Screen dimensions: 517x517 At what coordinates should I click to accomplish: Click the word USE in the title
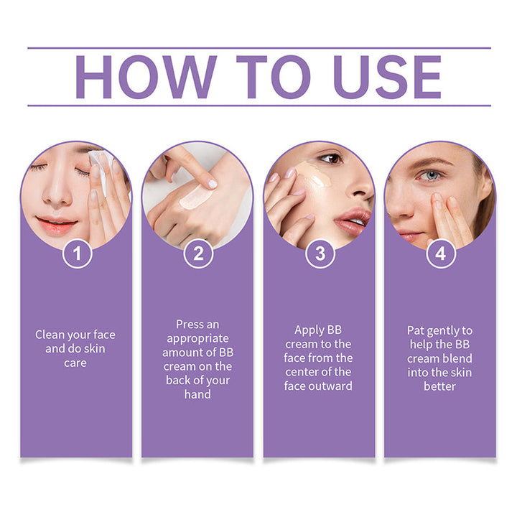pyautogui.click(x=388, y=77)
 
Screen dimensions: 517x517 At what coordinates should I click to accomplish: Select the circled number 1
pyautogui.click(x=76, y=253)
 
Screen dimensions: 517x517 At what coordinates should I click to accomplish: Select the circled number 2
pyautogui.click(x=198, y=253)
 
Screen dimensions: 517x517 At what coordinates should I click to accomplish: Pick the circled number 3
pyautogui.click(x=320, y=253)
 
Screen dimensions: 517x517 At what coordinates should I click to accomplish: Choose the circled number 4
pyautogui.click(x=440, y=253)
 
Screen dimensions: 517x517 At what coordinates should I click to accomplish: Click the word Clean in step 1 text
pyautogui.click(x=51, y=335)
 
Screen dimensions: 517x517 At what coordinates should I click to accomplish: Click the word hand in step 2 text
pyautogui.click(x=197, y=394)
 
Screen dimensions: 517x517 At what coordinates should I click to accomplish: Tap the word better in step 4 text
pyautogui.click(x=440, y=386)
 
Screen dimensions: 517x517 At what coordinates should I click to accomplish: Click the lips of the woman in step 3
pyautogui.click(x=353, y=220)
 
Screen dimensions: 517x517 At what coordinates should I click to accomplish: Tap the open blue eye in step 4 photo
pyautogui.click(x=431, y=175)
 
